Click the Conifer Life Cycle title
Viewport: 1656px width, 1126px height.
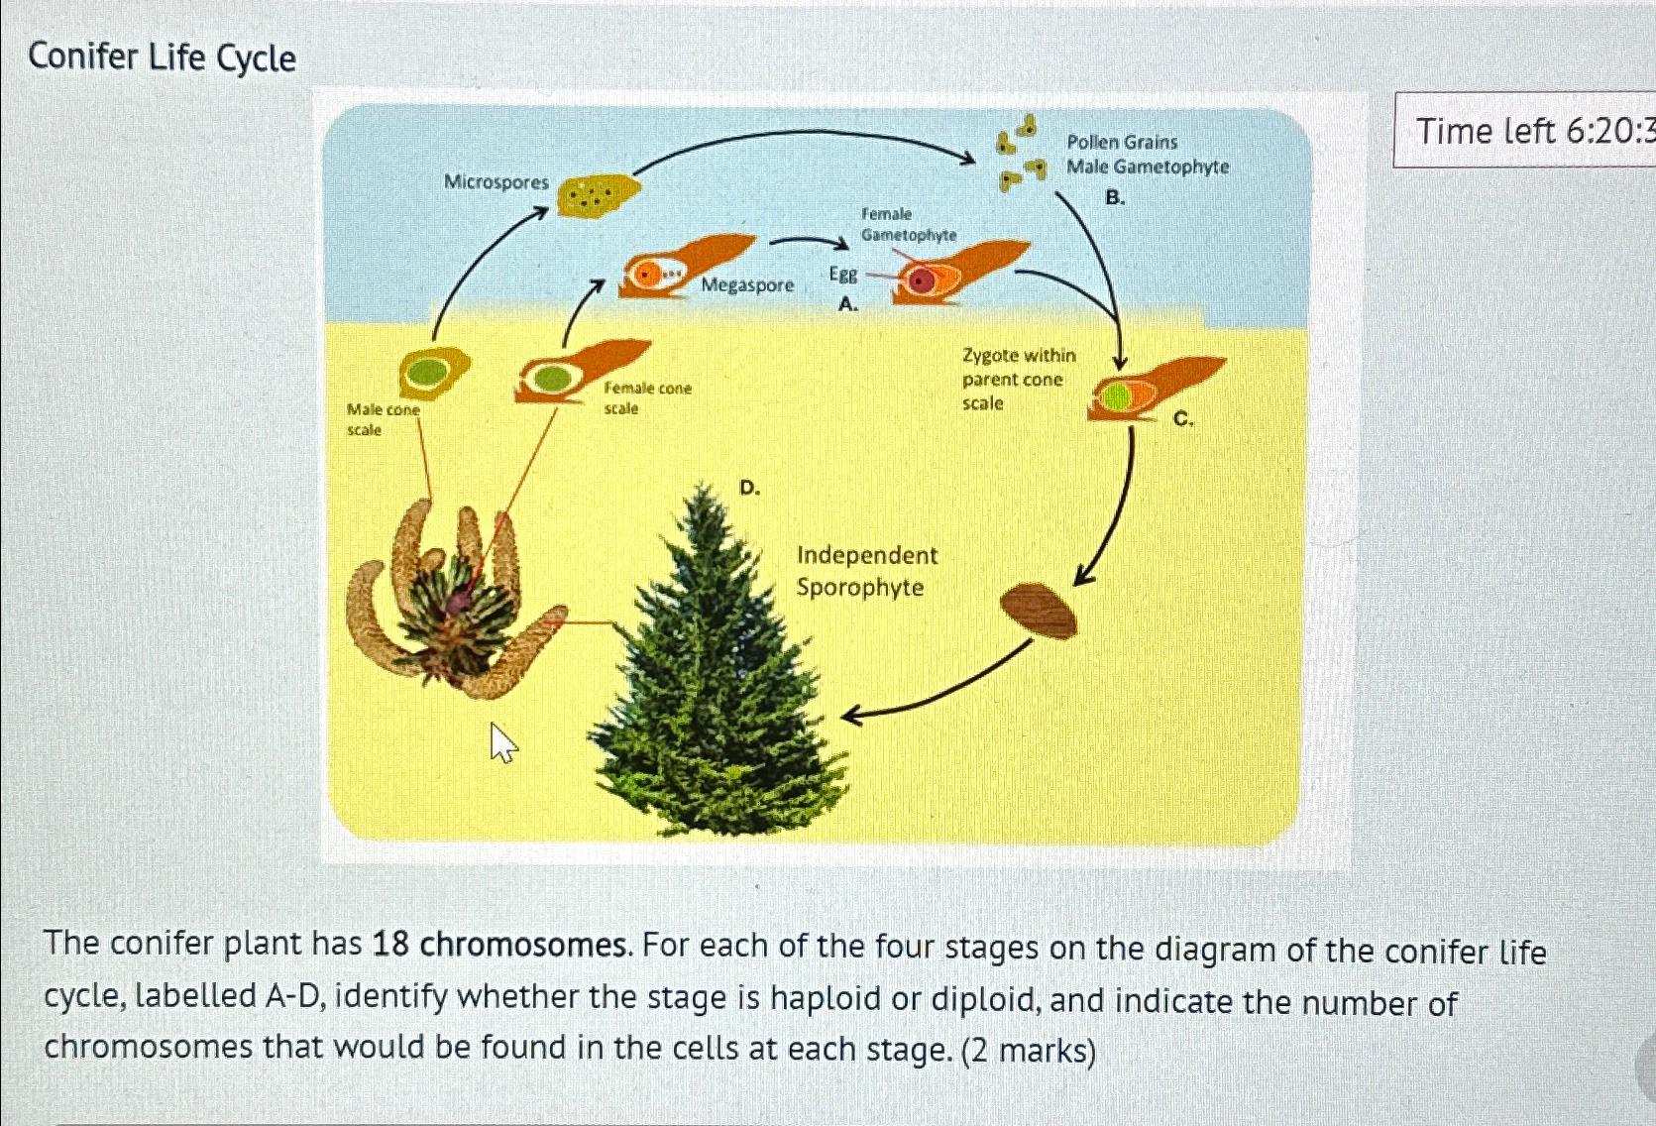162,57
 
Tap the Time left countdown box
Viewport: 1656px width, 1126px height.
1526,130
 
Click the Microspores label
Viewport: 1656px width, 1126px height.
496,181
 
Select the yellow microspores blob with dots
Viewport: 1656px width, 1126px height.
595,194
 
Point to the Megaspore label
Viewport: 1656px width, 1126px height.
747,285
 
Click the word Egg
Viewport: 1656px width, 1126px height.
842,274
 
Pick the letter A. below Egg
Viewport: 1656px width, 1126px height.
847,304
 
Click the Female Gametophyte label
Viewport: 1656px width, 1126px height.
907,225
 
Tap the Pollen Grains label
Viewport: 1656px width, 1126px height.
1122,142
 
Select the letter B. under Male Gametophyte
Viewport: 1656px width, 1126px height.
1115,198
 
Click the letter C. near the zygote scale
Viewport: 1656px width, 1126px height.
1183,419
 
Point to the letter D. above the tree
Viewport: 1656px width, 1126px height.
750,488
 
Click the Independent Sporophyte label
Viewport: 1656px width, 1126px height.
866,571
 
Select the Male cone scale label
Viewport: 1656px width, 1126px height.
383,419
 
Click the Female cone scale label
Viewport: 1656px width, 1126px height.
647,397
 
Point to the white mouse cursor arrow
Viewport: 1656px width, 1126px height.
503,742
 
